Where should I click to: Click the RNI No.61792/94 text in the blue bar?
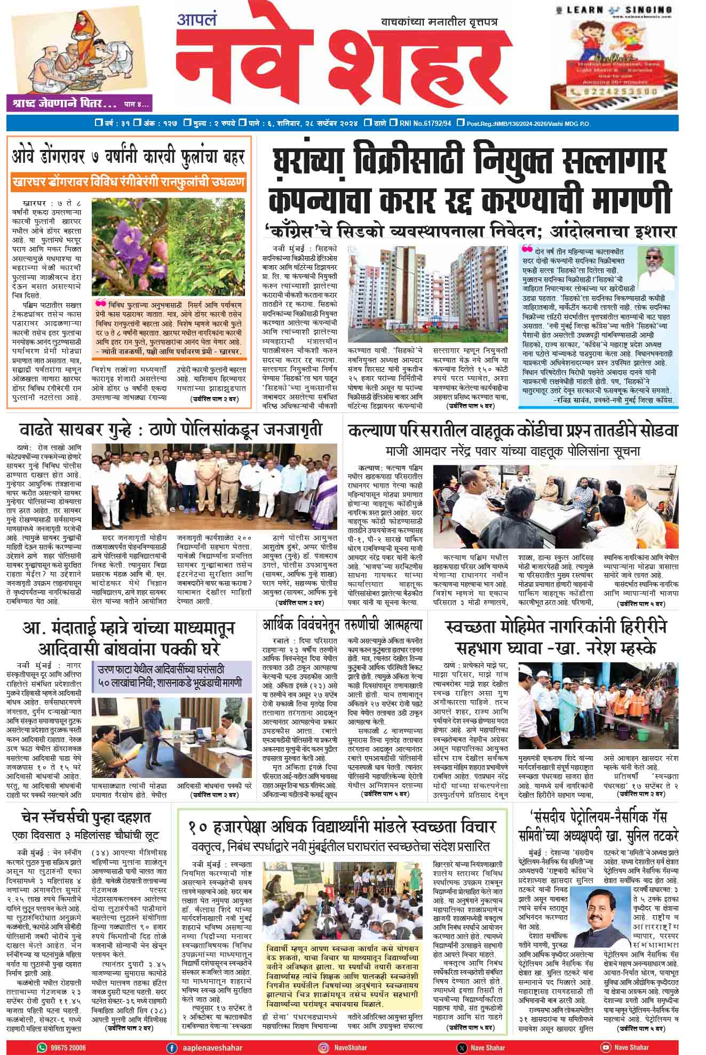(425, 123)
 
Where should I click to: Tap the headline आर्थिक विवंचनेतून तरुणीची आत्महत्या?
(342, 625)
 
